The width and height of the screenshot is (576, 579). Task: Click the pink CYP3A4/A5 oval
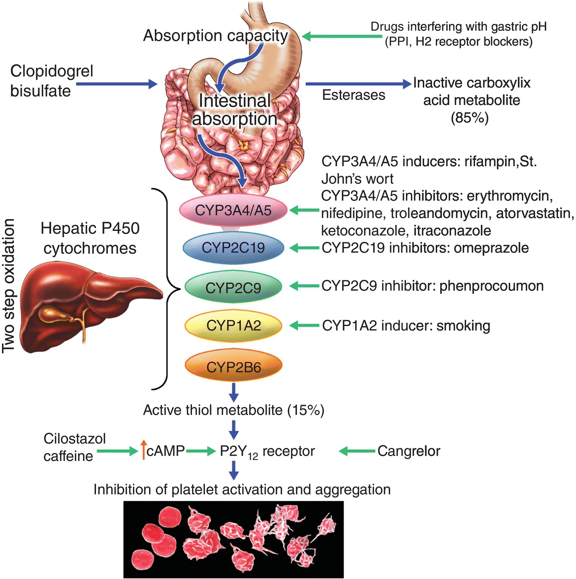pos(233,210)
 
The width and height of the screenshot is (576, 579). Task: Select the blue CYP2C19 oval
pos(233,247)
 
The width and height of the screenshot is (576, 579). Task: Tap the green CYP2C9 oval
pos(233,287)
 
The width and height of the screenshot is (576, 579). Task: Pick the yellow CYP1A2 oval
pos(233,326)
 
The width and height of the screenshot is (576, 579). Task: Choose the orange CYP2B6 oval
pos(233,367)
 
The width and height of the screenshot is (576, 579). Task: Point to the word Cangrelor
pos(408,451)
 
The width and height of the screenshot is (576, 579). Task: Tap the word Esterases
pos(353,95)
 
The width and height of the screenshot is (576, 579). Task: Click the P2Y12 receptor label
pos(267,452)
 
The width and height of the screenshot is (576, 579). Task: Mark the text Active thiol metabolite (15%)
pos(233,410)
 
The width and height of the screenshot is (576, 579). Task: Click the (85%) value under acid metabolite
pos(470,117)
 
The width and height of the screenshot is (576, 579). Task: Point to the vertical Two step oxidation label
pos(8,286)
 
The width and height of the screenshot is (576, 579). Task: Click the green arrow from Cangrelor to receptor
pos(357,451)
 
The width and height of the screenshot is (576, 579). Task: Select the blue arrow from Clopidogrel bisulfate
pos(116,84)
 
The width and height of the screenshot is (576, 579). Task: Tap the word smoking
pos(463,326)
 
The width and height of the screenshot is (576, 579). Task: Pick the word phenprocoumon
pos(491,286)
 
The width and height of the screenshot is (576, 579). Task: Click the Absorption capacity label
pos(215,36)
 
